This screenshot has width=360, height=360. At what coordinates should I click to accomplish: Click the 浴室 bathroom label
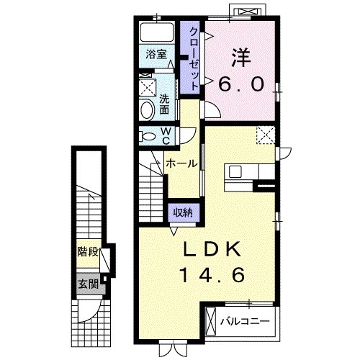pos(156,54)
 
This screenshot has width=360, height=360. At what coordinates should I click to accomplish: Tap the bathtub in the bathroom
pos(157,32)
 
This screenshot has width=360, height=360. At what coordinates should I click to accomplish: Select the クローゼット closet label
pos(194,59)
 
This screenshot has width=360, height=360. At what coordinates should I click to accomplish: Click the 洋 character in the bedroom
pos(241,58)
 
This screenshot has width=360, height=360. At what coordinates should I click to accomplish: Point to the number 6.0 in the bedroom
pos(241,84)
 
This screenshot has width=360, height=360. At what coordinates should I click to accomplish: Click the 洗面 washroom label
pos(164,104)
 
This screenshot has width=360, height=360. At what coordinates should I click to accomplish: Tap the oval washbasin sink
pos(147,109)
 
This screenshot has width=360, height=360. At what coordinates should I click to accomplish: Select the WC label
pos(166,136)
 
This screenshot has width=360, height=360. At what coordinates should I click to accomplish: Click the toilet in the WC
pos(148,137)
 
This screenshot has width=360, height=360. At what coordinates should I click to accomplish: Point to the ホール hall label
pos(181,164)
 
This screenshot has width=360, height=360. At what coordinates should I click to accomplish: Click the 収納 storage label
pos(184,212)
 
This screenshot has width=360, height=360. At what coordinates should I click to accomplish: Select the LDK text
pos(212,249)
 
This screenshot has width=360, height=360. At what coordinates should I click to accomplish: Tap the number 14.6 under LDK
pos(212,275)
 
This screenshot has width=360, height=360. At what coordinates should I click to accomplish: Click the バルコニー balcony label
pos(245,321)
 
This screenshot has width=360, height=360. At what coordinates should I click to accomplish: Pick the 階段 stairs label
pos(88,252)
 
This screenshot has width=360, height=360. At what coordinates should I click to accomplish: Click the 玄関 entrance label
pos(88,284)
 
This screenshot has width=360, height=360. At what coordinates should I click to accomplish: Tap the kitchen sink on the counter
pos(235,171)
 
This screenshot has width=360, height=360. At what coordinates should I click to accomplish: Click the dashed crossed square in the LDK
pos(266,135)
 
